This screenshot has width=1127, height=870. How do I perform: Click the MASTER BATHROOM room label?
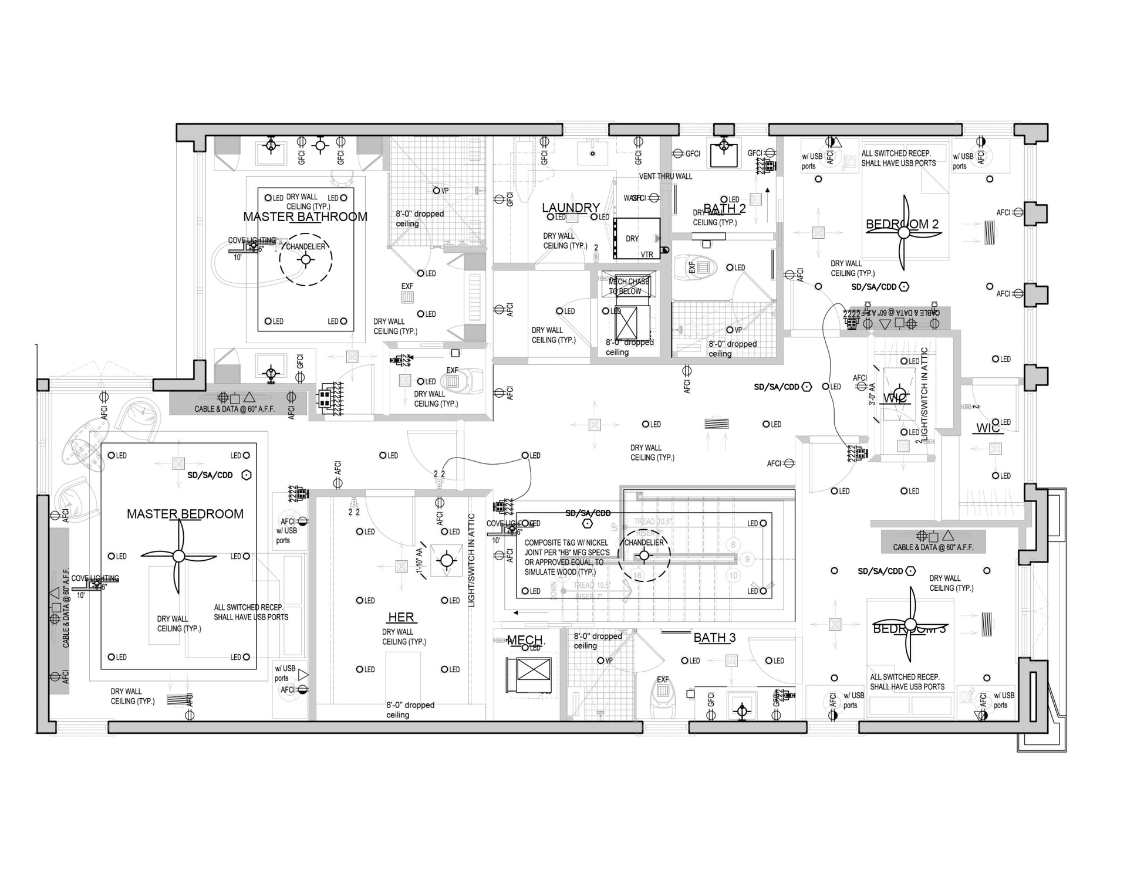(x=305, y=216)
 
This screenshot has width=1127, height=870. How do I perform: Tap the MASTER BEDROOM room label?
(x=185, y=514)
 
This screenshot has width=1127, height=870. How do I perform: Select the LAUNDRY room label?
(x=571, y=207)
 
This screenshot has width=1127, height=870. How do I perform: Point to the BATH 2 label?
(x=724, y=208)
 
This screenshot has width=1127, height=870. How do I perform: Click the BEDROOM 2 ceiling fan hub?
(x=904, y=233)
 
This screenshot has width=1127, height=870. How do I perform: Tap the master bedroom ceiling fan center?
(x=178, y=556)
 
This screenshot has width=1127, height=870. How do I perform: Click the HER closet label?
(x=401, y=617)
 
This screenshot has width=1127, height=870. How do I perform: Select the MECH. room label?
(x=526, y=640)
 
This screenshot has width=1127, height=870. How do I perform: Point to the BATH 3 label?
(x=714, y=638)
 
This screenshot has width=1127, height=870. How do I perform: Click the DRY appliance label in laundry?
(x=632, y=239)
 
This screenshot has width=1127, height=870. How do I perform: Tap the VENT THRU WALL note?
(x=666, y=176)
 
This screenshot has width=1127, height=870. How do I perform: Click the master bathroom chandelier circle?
(x=306, y=260)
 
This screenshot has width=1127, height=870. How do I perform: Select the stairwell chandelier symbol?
(x=644, y=555)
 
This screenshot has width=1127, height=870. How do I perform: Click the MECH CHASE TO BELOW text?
(x=629, y=286)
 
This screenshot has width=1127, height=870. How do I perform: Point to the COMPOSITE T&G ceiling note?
(x=567, y=557)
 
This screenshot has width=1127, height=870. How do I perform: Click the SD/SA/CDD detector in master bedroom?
(x=247, y=475)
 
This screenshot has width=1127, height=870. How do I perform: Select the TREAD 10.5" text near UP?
(x=653, y=522)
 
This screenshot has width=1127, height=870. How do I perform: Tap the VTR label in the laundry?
(x=646, y=255)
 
